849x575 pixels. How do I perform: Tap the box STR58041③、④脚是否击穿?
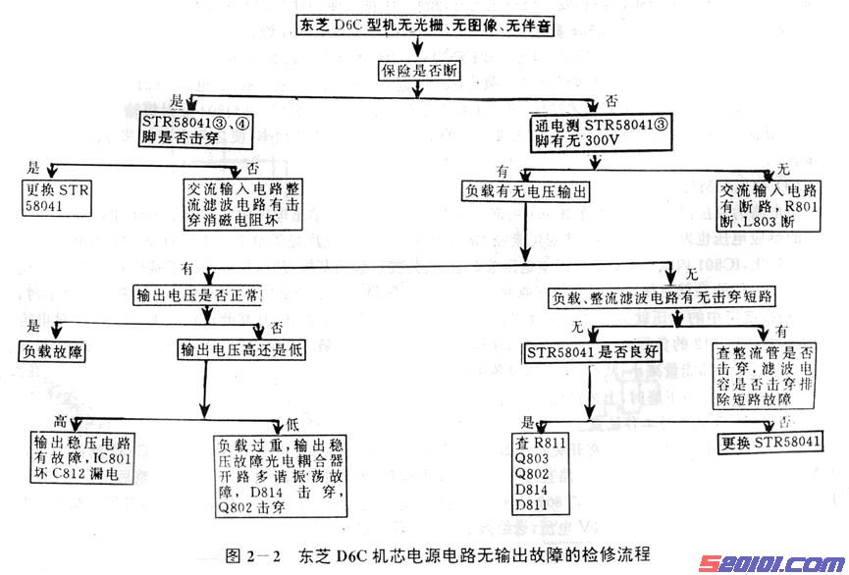(196, 130)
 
